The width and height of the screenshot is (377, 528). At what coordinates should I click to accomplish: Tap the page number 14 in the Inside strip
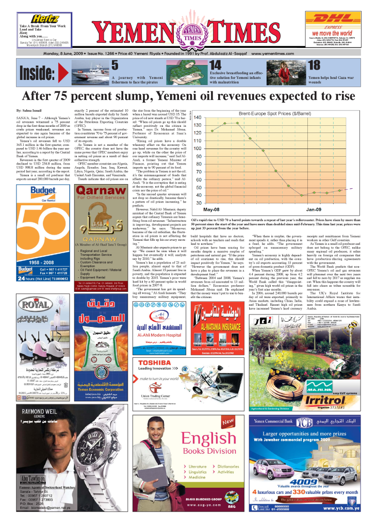(x=216, y=65)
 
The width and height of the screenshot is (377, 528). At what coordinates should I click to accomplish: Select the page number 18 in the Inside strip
(x=314, y=65)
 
